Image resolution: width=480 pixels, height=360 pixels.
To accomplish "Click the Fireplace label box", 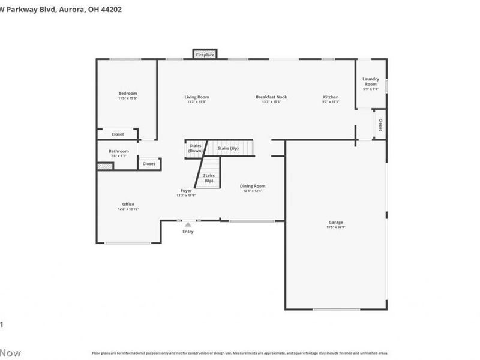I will click(205, 55).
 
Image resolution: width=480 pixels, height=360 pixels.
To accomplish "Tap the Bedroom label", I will click(128, 93).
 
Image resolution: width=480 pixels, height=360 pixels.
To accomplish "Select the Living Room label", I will click(196, 97).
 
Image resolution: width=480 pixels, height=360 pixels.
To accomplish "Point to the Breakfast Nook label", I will click(271, 97).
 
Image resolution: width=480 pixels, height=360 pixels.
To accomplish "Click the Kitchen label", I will click(331, 97).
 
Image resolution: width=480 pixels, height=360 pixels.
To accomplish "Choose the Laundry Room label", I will click(371, 82).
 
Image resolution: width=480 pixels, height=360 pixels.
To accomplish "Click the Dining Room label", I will click(253, 186).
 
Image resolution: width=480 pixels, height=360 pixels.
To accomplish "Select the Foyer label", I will click(186, 191).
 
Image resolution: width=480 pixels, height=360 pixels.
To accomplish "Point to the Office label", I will click(128, 204).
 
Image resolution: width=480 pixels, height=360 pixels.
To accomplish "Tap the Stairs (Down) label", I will click(196, 148).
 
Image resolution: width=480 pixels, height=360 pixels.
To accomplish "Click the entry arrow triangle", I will click(188, 224).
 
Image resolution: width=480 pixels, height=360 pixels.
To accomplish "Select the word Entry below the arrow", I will click(188, 232).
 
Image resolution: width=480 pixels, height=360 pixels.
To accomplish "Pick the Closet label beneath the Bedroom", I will click(118, 134).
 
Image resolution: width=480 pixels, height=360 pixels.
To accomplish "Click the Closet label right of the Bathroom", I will click(149, 163).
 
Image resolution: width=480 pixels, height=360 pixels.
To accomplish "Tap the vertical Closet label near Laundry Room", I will click(380, 124).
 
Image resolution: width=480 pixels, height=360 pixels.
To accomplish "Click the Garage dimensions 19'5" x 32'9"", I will click(335, 227).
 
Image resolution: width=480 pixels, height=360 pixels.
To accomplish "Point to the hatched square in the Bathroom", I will click(105, 166).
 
